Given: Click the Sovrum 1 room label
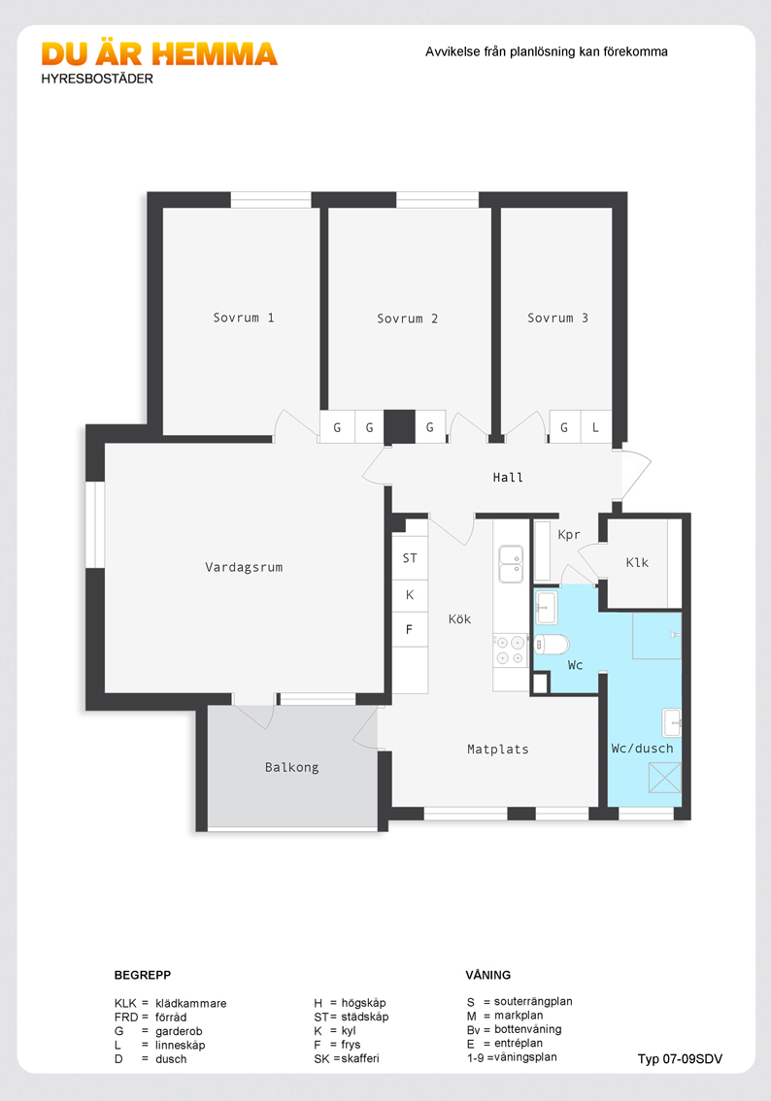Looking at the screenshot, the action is (x=244, y=318).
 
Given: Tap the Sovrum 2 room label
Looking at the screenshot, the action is (x=407, y=318).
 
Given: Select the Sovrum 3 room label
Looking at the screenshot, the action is (x=557, y=318).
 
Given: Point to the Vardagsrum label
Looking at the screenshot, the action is (x=244, y=567).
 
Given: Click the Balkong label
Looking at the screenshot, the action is (x=291, y=767).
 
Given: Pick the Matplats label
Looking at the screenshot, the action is (x=498, y=750).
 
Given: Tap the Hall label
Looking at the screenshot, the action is (x=508, y=478).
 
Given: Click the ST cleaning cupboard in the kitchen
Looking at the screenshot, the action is (x=410, y=558).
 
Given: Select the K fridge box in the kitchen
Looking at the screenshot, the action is (x=410, y=595).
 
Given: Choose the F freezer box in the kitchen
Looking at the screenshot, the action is (x=410, y=630).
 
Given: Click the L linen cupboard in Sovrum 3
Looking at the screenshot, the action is (x=595, y=427).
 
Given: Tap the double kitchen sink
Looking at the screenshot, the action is (x=511, y=564).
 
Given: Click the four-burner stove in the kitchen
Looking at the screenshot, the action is (x=511, y=651).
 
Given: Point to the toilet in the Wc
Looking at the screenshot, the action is (x=552, y=644).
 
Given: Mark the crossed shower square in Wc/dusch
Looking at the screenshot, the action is (x=664, y=778).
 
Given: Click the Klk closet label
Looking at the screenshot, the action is (x=637, y=562).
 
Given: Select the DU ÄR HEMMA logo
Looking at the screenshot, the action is (x=159, y=54).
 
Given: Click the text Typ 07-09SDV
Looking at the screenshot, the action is (x=680, y=1059).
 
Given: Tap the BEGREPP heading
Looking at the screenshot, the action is (x=143, y=975).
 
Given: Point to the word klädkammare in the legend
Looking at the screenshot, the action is (x=191, y=1003).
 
